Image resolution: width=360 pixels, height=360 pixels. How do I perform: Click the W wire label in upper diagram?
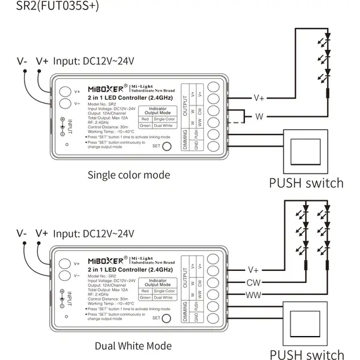(x=259, y=117)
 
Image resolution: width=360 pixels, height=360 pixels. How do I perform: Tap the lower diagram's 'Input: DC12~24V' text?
(x=94, y=233)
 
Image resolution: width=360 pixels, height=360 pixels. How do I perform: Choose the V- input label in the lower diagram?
(x=22, y=233)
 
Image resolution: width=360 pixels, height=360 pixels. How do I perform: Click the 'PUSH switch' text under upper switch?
(x=306, y=183)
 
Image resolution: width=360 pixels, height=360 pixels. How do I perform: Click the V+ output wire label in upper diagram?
(x=259, y=98)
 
